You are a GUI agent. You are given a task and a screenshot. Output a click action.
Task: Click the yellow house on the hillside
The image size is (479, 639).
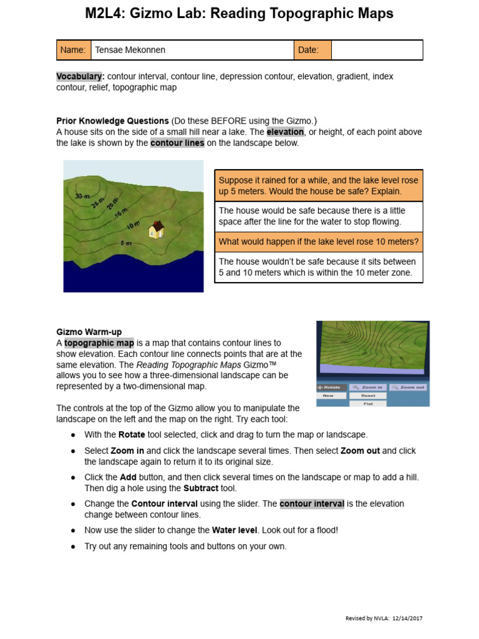tap(156, 230)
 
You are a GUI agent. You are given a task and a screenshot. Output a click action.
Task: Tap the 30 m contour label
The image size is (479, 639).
tap(82, 197)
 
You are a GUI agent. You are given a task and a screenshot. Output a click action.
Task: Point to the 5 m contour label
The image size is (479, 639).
tap(125, 243)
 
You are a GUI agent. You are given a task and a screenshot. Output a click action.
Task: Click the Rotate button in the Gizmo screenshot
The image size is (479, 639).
tap(331, 387)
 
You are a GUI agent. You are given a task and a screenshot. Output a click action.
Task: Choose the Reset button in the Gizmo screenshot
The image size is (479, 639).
tap(368, 396)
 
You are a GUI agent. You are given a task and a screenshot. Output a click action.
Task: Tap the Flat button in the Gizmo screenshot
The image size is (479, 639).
tap(368, 404)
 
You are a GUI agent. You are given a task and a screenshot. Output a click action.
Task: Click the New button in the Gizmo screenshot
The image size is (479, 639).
tap(329, 396)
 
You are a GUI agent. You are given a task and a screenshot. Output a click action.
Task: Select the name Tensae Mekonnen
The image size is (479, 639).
tap(130, 50)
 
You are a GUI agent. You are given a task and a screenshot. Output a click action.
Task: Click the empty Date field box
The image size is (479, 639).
tap(377, 50)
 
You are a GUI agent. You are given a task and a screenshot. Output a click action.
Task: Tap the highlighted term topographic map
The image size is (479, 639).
tap(99, 343)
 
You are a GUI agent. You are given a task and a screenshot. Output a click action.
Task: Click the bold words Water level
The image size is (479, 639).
tap(233, 530)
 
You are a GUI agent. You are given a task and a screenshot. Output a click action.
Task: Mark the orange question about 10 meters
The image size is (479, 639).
tap(319, 241)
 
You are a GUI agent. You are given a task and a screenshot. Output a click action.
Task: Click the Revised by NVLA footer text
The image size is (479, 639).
tap(384, 618)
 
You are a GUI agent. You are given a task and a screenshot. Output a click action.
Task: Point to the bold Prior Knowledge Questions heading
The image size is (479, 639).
tap(112, 120)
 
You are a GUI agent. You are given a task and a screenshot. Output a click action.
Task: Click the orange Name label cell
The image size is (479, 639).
tap(74, 50)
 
